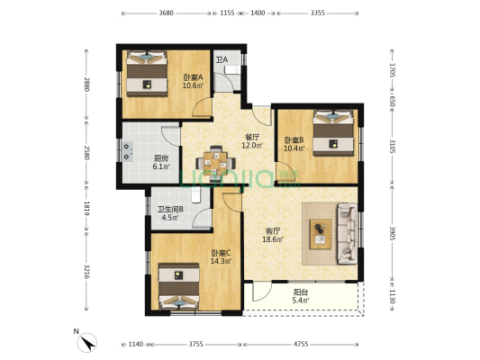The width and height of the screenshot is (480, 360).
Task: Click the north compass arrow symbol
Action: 87,343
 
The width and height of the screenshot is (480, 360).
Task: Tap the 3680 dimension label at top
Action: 167,13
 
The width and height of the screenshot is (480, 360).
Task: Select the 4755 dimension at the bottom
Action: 301,345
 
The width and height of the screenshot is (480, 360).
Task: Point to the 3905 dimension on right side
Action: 392,233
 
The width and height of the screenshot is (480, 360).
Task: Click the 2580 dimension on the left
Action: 86,153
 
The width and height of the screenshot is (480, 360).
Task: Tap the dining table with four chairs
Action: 216,163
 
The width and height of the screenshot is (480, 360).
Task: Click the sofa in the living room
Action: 347,234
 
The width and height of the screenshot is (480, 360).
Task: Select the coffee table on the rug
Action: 321,234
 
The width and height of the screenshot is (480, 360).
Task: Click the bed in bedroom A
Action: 148,74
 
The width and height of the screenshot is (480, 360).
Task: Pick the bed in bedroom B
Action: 333,132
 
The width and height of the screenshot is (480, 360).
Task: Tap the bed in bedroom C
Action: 179,286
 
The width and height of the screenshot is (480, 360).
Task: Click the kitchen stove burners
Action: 127,151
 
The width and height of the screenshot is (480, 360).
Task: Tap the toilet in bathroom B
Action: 196,194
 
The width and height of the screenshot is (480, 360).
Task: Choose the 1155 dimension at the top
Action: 227,13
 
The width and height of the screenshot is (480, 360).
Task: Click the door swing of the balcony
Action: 262,292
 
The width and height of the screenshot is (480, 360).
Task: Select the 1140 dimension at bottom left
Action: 136,345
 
